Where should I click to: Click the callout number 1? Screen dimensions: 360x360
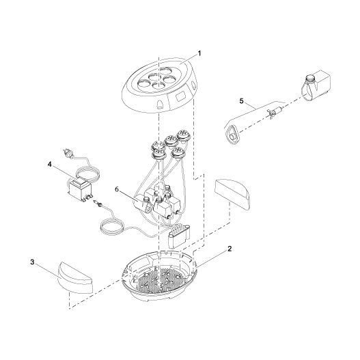(199, 53)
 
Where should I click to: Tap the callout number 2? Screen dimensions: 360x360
(230, 249)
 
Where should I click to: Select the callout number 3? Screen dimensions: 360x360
(32, 262)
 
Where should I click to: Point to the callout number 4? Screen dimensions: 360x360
(51, 163)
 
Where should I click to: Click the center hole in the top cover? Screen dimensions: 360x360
(158, 79)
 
